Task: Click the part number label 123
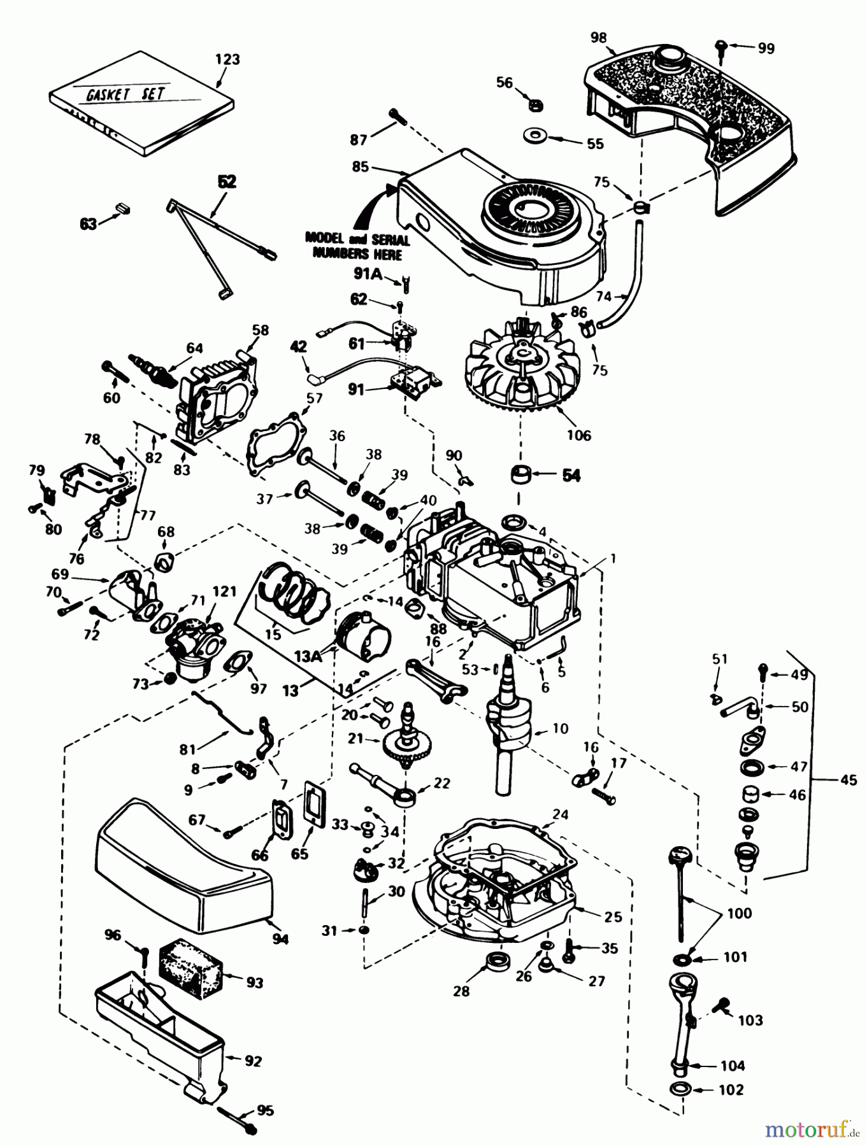pos(227,59)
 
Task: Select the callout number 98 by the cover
pos(598,38)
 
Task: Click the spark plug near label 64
pos(155,369)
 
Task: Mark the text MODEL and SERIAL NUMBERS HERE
pos(357,245)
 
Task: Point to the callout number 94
pos(280,939)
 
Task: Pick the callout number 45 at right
pos(849,779)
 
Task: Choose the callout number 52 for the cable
pos(227,181)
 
